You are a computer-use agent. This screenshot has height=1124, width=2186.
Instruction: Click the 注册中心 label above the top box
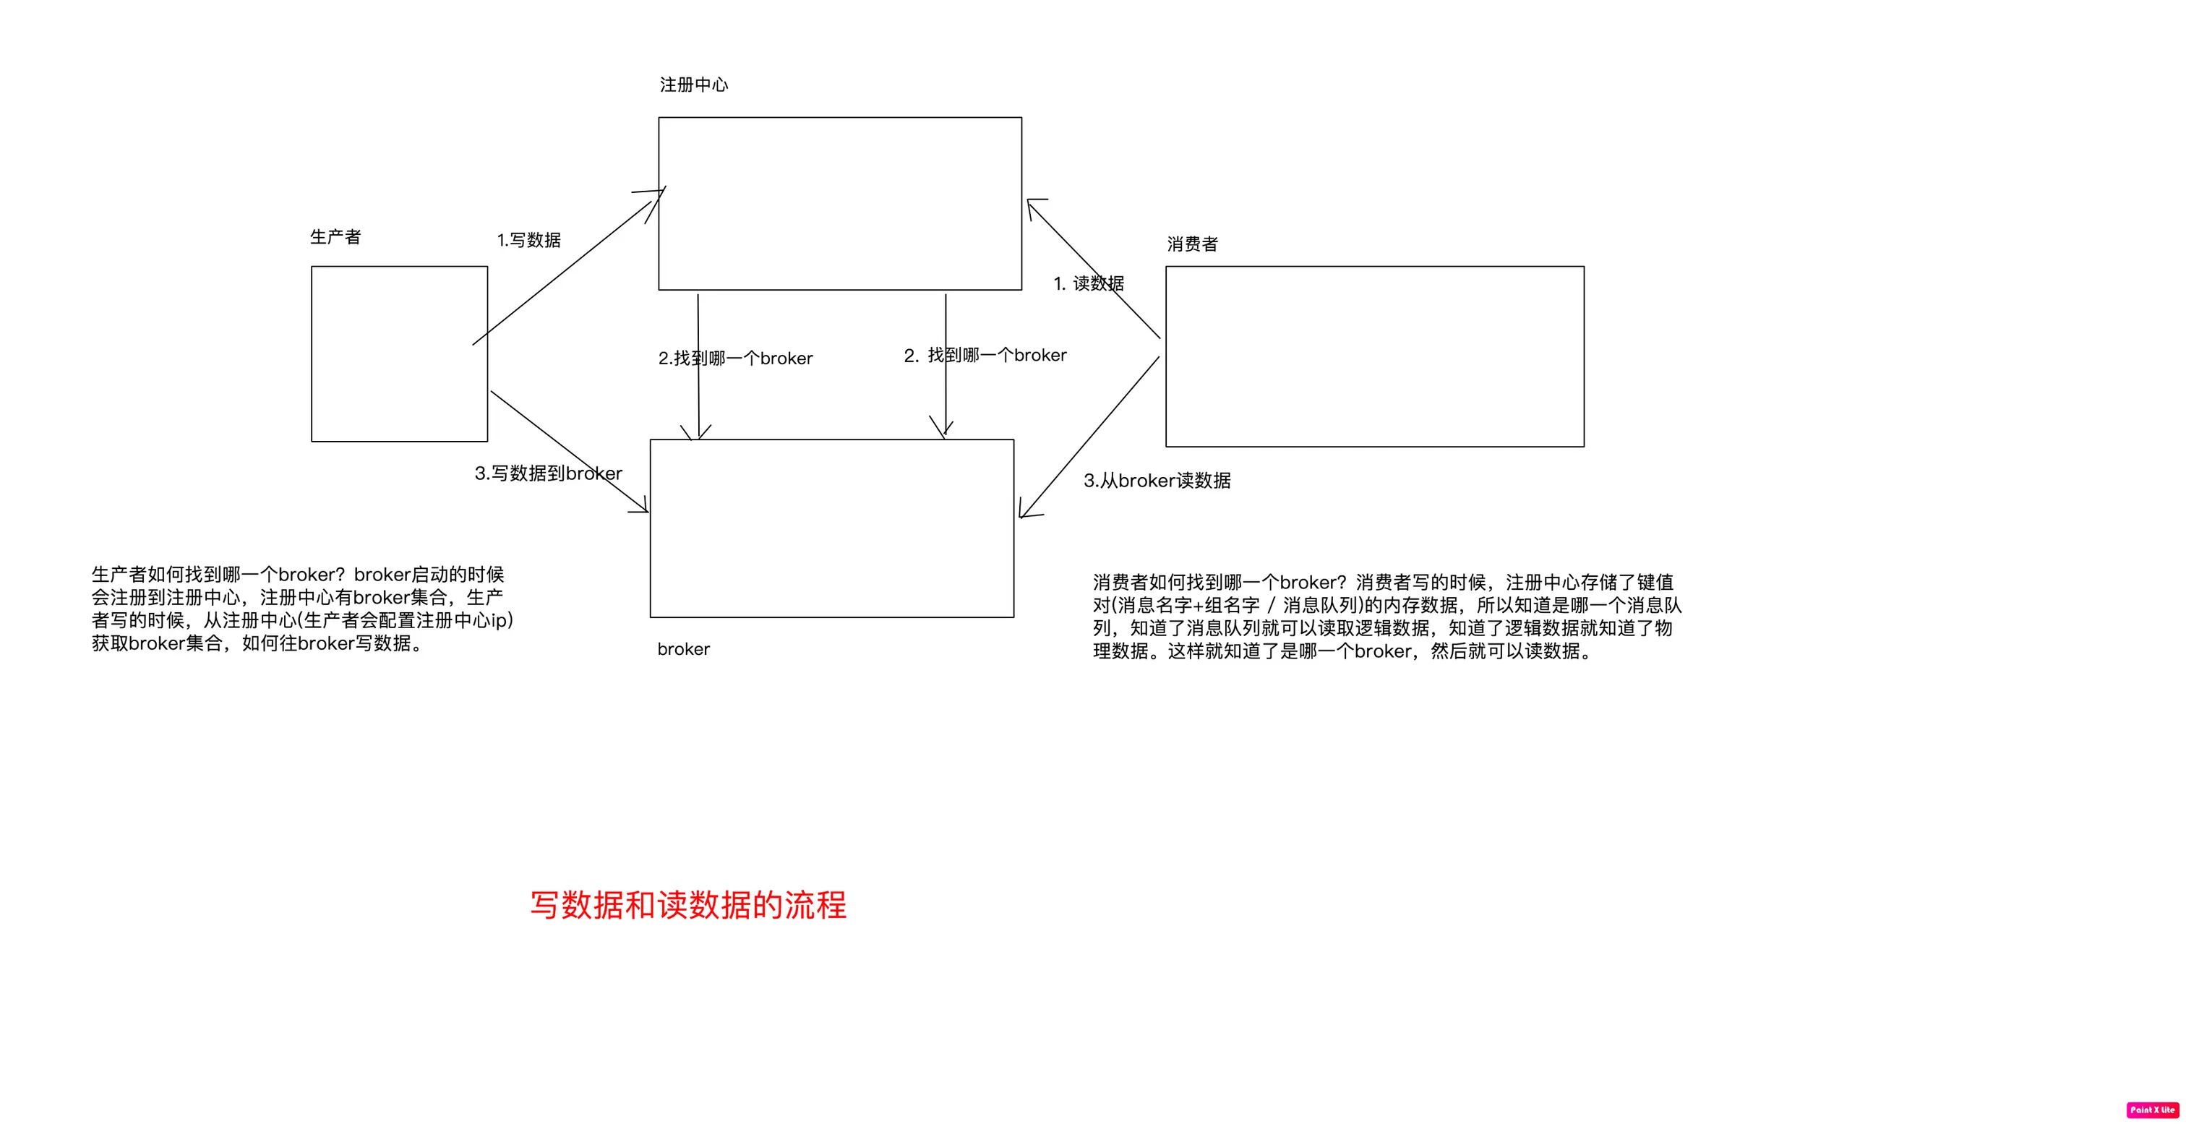(x=693, y=85)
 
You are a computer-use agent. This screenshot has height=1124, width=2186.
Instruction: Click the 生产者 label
(x=335, y=236)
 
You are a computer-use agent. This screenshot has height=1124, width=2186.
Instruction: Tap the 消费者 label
(x=1192, y=244)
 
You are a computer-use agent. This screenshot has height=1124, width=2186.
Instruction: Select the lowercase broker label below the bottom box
(x=683, y=649)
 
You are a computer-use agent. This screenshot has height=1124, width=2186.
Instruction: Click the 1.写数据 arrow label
(x=528, y=240)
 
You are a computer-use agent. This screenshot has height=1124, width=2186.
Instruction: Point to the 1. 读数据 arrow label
(x=1089, y=283)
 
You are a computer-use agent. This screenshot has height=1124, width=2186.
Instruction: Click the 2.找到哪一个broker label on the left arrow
(x=735, y=358)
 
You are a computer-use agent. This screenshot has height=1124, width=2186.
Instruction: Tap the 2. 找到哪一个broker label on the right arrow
(x=985, y=356)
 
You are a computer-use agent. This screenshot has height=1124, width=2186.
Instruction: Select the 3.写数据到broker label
(x=548, y=473)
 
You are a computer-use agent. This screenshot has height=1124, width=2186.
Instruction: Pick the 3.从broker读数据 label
(x=1157, y=481)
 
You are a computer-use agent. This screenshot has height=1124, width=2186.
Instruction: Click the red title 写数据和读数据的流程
(x=688, y=905)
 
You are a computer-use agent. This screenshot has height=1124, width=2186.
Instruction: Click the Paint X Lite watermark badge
(x=2152, y=1110)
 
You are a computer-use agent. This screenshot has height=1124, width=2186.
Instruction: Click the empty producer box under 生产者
(x=399, y=353)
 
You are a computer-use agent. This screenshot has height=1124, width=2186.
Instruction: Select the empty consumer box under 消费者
(x=1374, y=356)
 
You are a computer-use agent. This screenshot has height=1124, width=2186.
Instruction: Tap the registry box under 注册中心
(x=839, y=204)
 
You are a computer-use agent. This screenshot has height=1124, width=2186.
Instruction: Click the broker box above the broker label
(x=831, y=528)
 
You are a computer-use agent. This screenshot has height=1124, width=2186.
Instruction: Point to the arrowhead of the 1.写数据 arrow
(x=660, y=192)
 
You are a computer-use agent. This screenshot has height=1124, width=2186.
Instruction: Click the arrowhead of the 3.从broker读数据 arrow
(x=1024, y=513)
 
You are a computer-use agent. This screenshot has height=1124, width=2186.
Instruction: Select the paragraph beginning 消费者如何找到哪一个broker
(x=1386, y=617)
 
